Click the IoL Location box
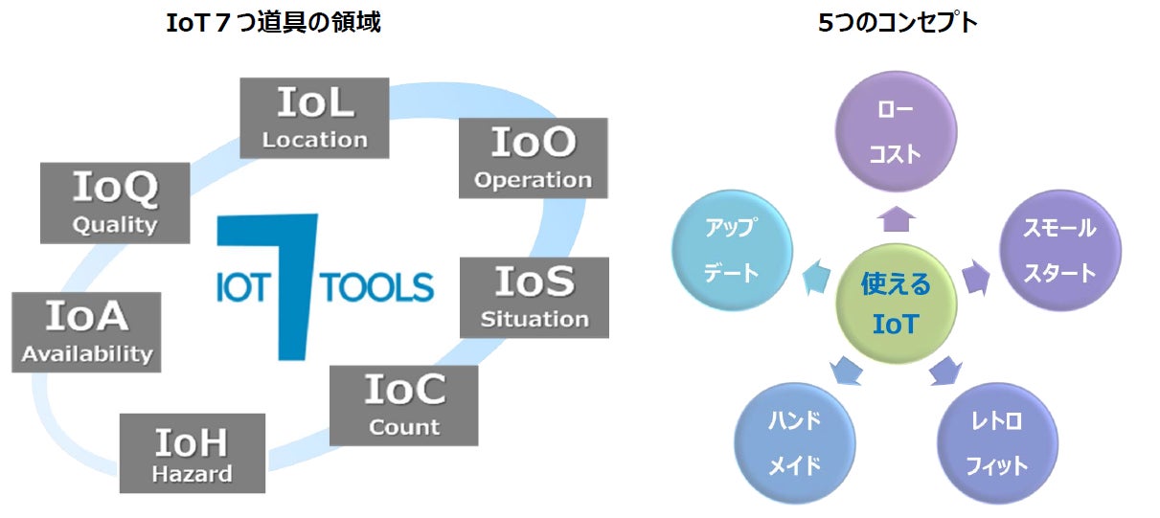314,118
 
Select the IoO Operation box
533,158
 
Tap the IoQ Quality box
115,203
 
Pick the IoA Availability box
87,331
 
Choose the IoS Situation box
535,297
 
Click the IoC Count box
403,404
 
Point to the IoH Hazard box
192,453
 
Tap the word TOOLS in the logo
378,287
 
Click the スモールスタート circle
1058,250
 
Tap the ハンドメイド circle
795,443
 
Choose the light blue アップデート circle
732,250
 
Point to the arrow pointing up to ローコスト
896,219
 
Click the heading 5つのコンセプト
898,23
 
